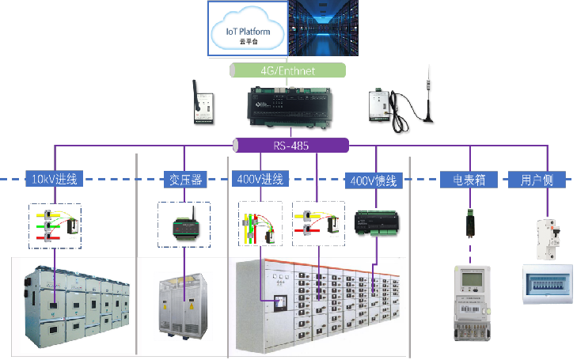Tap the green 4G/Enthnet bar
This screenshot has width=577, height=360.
pos(288,70)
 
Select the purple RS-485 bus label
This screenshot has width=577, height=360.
pos(291,146)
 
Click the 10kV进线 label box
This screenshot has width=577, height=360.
pos(54,179)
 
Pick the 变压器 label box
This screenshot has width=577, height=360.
pos(184,180)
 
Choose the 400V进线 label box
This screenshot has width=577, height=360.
pos(262,180)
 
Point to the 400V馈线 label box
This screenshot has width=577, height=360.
pos(374,180)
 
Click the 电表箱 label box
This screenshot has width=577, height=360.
pos(469,180)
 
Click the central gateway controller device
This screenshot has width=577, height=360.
pos(290,106)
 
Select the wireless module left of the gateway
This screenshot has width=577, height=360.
pos(204,107)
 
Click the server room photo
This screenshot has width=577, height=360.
pos(332,28)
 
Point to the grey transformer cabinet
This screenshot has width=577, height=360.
pos(184,305)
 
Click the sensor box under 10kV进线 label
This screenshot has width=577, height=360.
pos(55,225)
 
